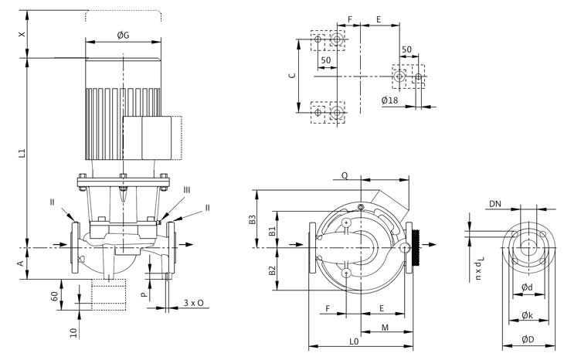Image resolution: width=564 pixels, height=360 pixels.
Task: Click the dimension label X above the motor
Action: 22,35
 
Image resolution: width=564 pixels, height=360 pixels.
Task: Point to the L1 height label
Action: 22,154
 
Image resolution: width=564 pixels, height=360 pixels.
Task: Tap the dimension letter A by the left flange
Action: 22,263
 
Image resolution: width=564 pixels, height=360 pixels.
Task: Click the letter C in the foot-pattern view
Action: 291,76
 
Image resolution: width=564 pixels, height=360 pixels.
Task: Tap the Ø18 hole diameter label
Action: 389,100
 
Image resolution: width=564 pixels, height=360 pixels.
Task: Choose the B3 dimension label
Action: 253,220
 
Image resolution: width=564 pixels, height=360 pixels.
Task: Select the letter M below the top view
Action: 385,328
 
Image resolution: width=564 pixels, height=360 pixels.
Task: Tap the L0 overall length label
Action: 354,341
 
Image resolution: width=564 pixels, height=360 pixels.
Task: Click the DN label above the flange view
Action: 494,204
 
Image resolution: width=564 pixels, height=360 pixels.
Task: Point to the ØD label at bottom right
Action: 528,340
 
